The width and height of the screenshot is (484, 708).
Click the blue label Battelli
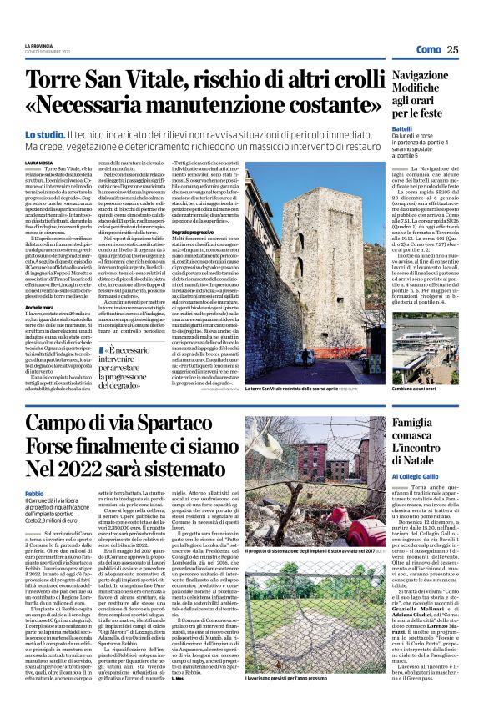[x=403, y=128]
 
